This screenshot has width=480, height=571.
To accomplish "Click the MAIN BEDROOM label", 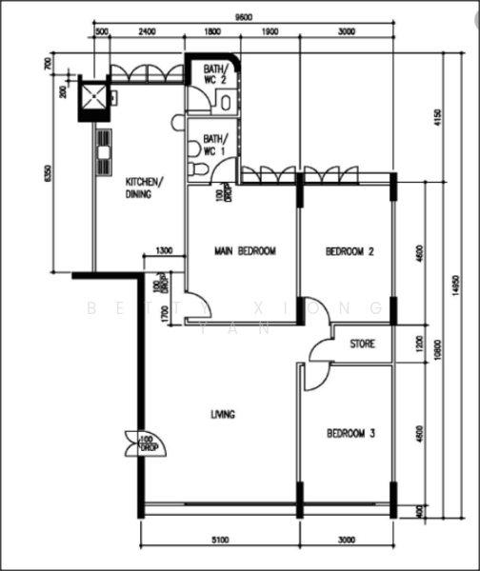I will coord(245,251).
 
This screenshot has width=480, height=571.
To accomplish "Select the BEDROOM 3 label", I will coord(350,433).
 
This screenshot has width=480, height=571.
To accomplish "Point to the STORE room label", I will coord(362,344).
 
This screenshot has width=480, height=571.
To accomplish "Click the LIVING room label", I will coord(223,414).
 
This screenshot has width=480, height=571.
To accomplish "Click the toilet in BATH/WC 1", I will coord(196,168).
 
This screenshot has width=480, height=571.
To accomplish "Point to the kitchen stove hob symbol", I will coord(102,145).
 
